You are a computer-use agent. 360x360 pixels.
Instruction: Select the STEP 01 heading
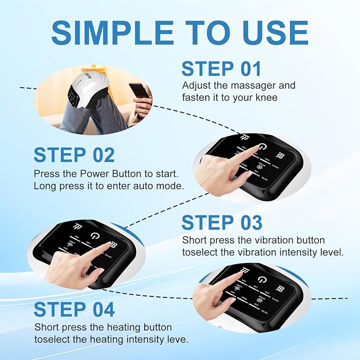(221, 69)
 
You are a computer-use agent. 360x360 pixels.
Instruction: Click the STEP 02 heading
(74, 155)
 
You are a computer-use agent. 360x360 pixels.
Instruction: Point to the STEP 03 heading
(222, 222)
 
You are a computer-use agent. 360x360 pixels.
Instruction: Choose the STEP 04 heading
(74, 309)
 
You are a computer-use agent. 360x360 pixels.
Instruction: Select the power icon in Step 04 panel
(262, 280)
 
